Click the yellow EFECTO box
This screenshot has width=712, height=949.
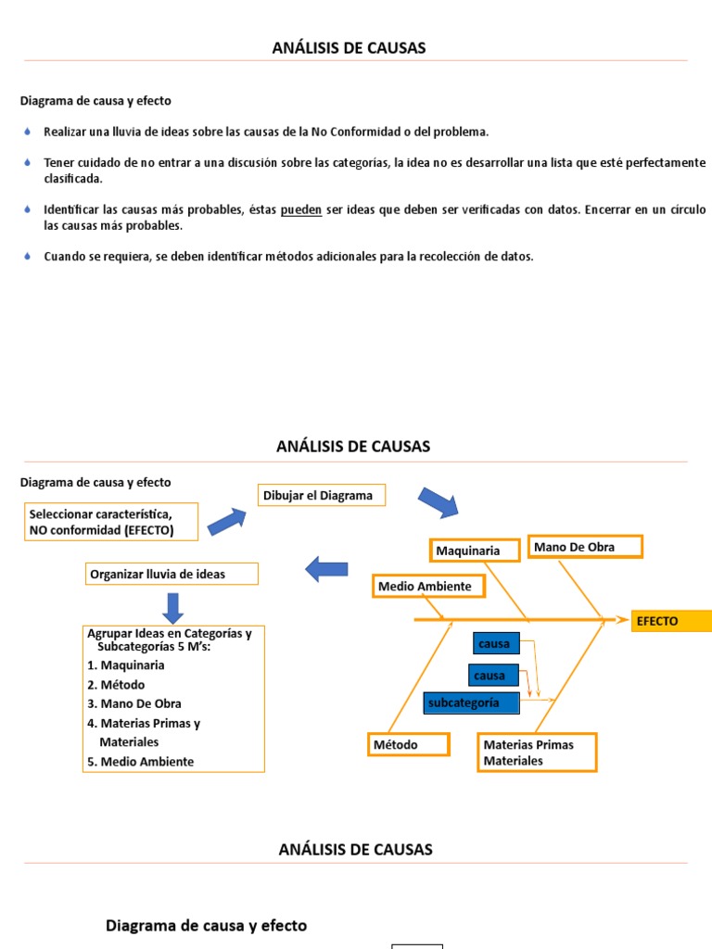coord(671,621)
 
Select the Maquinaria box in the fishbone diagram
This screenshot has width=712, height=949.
coord(470,550)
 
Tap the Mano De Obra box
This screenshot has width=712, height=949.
coord(584,548)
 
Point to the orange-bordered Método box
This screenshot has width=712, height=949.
coord(409,745)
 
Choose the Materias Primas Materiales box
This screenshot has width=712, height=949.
coord(536,753)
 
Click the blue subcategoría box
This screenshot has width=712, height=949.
coord(471,702)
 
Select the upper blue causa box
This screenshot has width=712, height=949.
coord(495,644)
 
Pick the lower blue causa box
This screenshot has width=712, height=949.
coord(490,676)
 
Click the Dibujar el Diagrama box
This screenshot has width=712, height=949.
coord(321,496)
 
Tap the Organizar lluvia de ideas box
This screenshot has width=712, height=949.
coord(172,575)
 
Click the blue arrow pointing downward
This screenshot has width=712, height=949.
coord(173,607)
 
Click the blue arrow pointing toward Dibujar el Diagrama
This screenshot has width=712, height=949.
coord(226,522)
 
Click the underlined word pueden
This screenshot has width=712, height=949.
coord(301,210)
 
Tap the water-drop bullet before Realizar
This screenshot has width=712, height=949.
coord(27,133)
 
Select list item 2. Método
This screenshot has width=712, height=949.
coord(116,685)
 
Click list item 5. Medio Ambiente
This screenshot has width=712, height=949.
coord(140,762)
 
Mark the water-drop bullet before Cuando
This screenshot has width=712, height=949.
coord(27,257)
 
